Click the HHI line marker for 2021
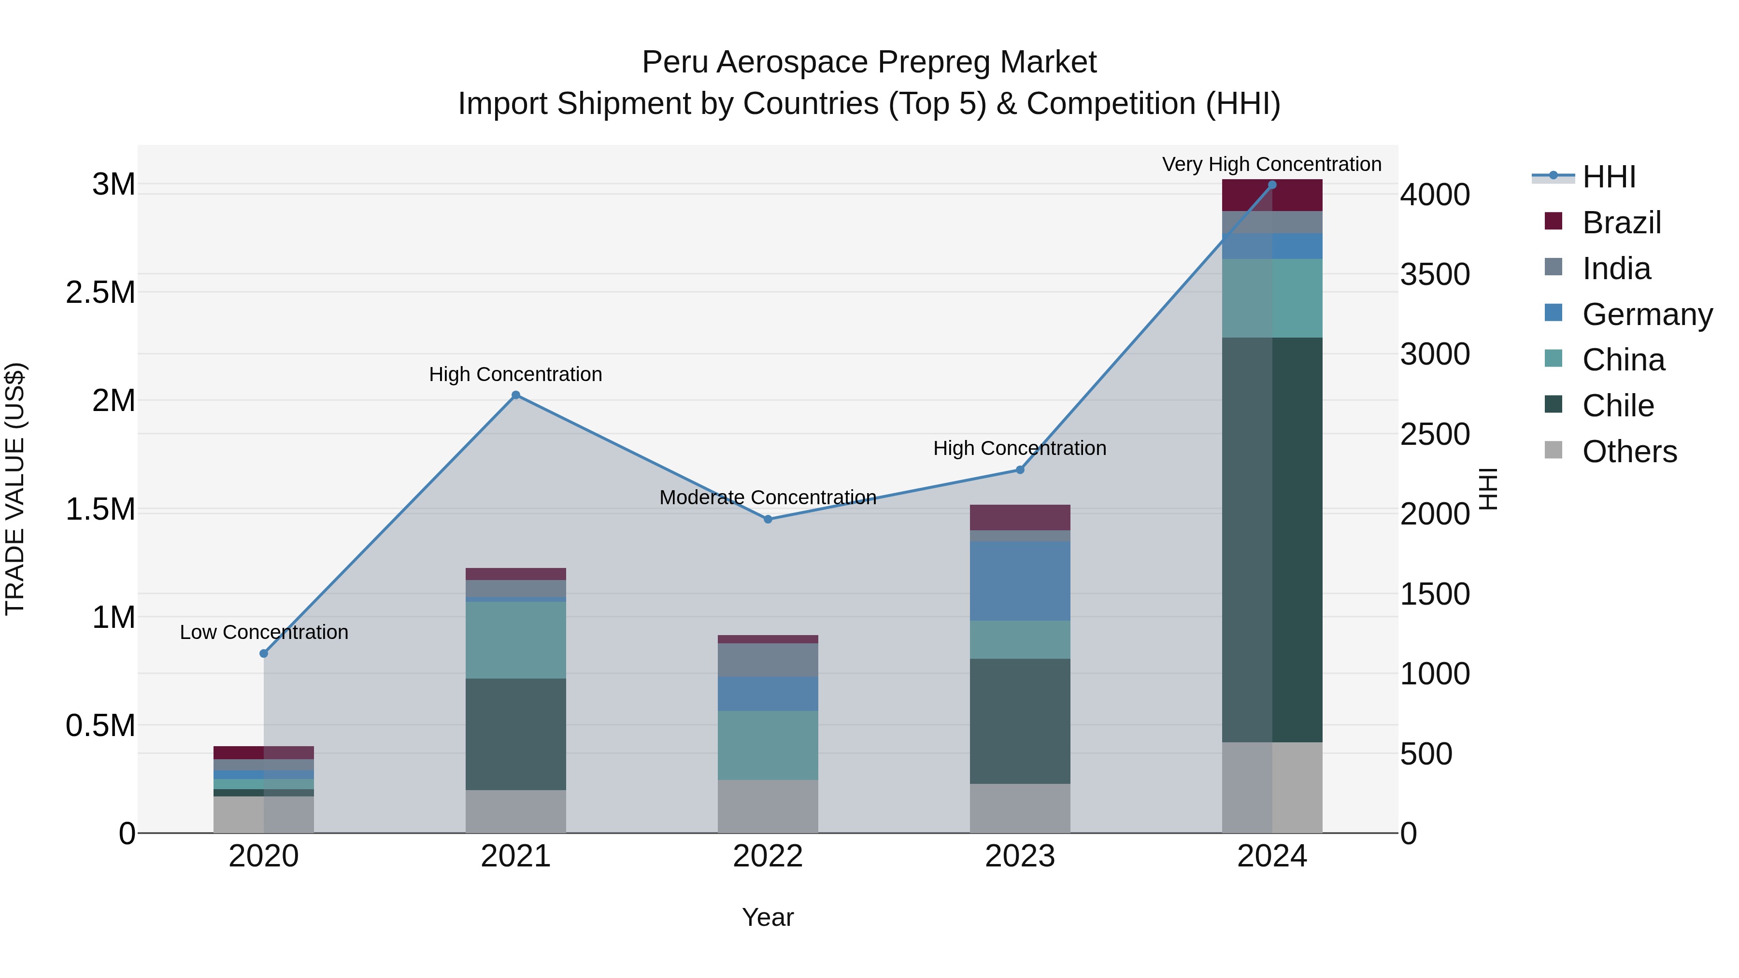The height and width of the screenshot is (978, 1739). click(x=516, y=395)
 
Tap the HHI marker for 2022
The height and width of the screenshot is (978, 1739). click(x=768, y=519)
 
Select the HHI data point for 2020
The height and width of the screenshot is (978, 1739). click(x=264, y=653)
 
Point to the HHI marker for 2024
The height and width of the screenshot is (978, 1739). click(x=1272, y=185)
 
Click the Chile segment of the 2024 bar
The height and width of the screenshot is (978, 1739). click(x=1272, y=540)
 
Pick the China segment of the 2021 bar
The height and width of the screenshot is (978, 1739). click(x=516, y=640)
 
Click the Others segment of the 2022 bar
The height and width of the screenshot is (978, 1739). click(x=768, y=806)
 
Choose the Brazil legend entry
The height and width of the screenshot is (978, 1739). click(x=1621, y=223)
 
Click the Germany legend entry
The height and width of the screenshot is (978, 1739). click(x=1647, y=314)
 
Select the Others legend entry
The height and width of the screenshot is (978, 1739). click(x=1629, y=452)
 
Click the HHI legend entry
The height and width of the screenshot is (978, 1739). click(x=1608, y=177)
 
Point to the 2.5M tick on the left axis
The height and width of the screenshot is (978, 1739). click(x=100, y=292)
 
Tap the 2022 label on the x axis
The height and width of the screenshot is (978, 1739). click(x=768, y=856)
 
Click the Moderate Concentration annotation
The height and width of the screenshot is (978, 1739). click(x=768, y=497)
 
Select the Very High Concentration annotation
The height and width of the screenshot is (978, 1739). click(x=1271, y=164)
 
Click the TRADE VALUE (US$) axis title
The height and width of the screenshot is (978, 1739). click(x=15, y=489)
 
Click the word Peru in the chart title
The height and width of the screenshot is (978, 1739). click(x=676, y=62)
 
